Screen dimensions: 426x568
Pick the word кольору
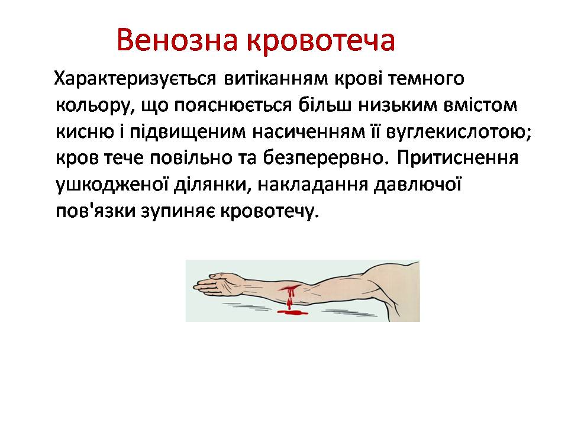(89, 106)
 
